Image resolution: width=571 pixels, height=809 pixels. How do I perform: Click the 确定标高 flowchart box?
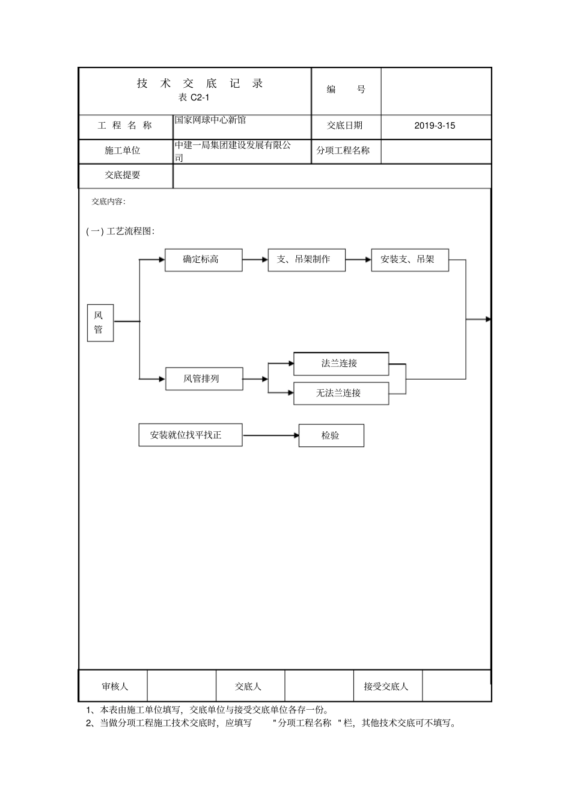[204, 260]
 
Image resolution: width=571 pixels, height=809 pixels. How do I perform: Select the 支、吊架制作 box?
[307, 260]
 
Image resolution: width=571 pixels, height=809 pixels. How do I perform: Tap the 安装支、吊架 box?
[410, 260]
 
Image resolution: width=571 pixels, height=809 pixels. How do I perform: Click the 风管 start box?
[100, 322]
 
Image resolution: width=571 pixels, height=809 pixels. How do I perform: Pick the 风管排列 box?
[204, 379]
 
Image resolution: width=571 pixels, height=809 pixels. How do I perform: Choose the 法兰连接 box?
[341, 363]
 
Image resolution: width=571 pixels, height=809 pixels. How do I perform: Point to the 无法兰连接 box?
[341, 393]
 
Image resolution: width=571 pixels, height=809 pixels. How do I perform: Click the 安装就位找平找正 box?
[190, 435]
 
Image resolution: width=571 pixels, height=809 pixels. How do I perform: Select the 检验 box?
[331, 435]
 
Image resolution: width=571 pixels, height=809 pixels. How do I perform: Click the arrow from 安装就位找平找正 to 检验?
[270, 435]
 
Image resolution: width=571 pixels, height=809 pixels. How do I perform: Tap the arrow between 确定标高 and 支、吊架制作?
[255, 260]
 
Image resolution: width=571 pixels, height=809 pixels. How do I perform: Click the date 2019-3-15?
[435, 126]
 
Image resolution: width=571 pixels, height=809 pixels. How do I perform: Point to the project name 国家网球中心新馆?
[210, 120]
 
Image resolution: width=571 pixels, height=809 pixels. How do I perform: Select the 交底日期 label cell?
[345, 126]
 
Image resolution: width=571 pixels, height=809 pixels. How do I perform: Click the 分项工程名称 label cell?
[343, 150]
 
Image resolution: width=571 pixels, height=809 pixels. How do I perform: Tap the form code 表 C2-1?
[194, 97]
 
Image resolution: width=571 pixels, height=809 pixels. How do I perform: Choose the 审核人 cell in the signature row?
[114, 686]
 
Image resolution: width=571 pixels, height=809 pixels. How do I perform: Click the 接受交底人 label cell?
[386, 686]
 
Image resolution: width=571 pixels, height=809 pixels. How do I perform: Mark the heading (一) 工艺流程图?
[121, 231]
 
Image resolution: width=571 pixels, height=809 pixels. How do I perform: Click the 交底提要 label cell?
[123, 175]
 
